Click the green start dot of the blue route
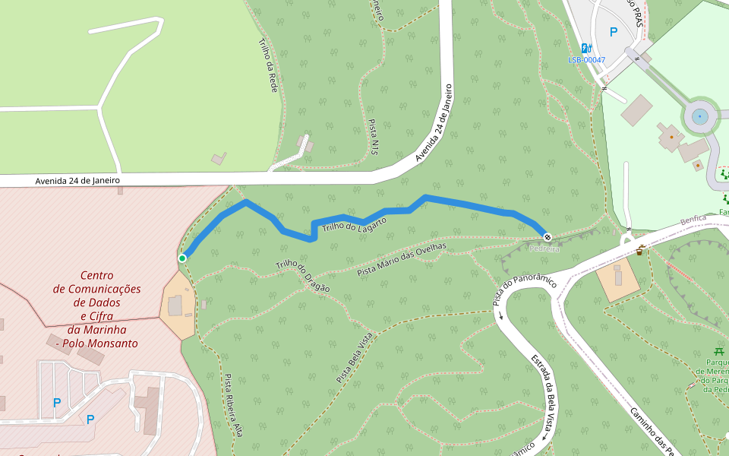point(182,258)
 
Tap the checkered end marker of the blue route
point(547,236)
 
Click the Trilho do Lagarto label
point(354,224)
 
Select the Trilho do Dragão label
point(302,276)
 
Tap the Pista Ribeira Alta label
point(233,404)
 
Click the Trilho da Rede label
point(268,65)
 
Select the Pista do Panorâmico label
point(525,290)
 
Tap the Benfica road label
point(693,220)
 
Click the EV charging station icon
point(586,48)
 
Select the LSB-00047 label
point(587,60)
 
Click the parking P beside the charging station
point(614,33)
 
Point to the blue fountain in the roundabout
point(699,117)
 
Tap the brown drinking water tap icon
point(641,250)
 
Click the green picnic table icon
point(718,350)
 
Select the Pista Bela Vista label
point(354,357)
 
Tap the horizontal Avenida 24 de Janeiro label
point(77,181)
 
